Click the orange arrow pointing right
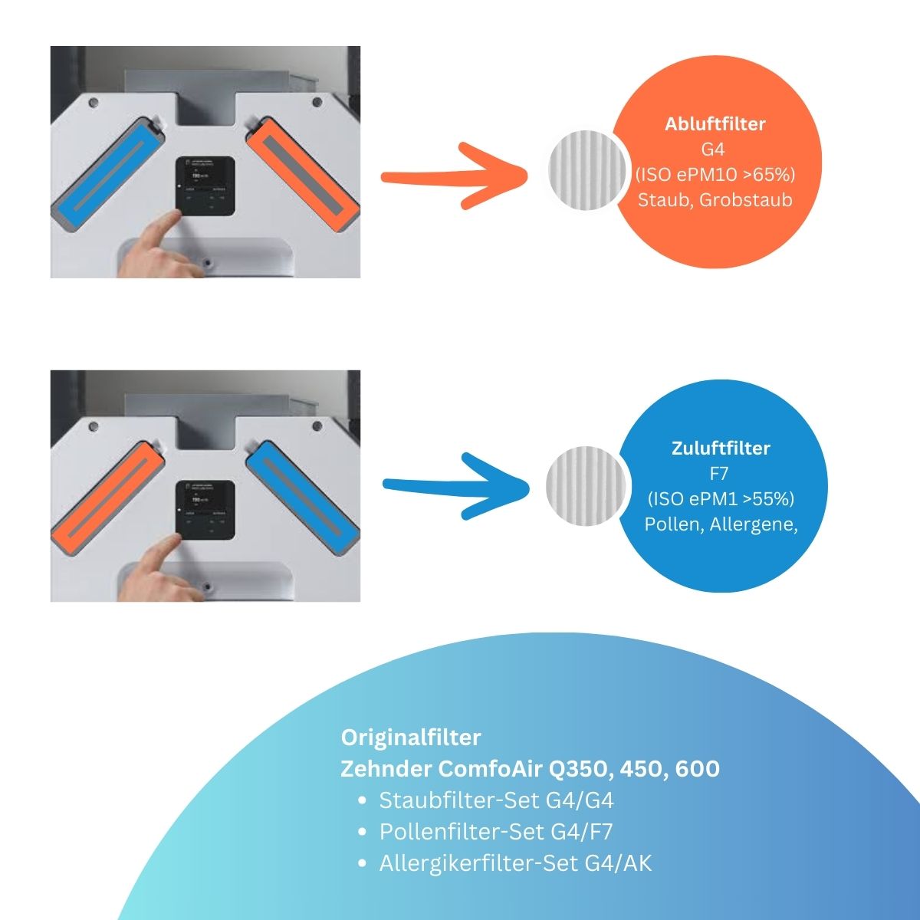click(452, 176)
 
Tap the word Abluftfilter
click(715, 124)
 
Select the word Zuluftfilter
click(721, 449)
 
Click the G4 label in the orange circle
click(713, 149)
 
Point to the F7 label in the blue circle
click(721, 474)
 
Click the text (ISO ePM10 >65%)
click(715, 175)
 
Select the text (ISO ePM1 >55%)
click(721, 499)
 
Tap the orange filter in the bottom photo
click(110, 497)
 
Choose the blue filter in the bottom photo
click(302, 497)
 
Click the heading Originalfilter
click(411, 738)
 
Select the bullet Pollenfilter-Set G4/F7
click(495, 832)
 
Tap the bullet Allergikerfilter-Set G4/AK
click(515, 864)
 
